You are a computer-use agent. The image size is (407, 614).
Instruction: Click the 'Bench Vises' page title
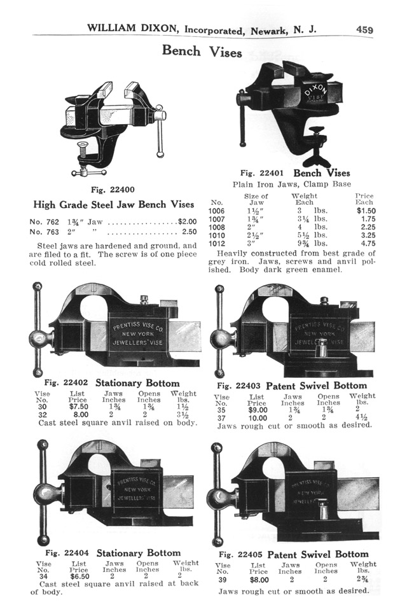(x=202, y=51)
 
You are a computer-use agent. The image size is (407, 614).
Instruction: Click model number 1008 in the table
(x=217, y=226)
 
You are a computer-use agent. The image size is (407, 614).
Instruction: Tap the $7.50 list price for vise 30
(x=78, y=406)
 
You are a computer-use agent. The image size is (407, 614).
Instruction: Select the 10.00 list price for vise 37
(x=257, y=417)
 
